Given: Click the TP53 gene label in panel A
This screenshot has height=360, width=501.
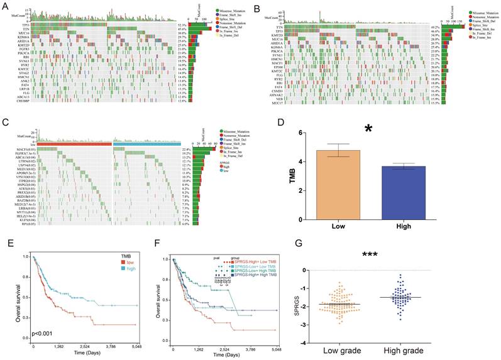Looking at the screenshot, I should click(x=21, y=24).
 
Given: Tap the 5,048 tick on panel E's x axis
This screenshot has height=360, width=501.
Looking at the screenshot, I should click(x=135, y=347).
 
